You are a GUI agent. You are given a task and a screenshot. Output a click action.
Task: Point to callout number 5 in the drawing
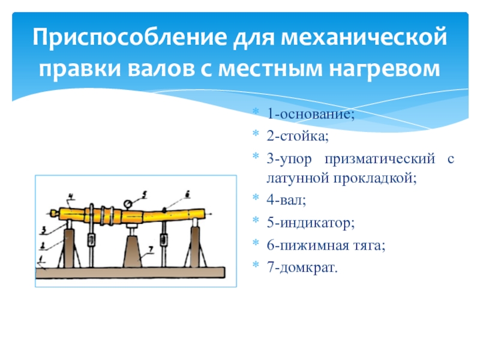tap(144, 193)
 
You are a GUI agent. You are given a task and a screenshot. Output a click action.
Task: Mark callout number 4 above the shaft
tap(70, 196)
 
